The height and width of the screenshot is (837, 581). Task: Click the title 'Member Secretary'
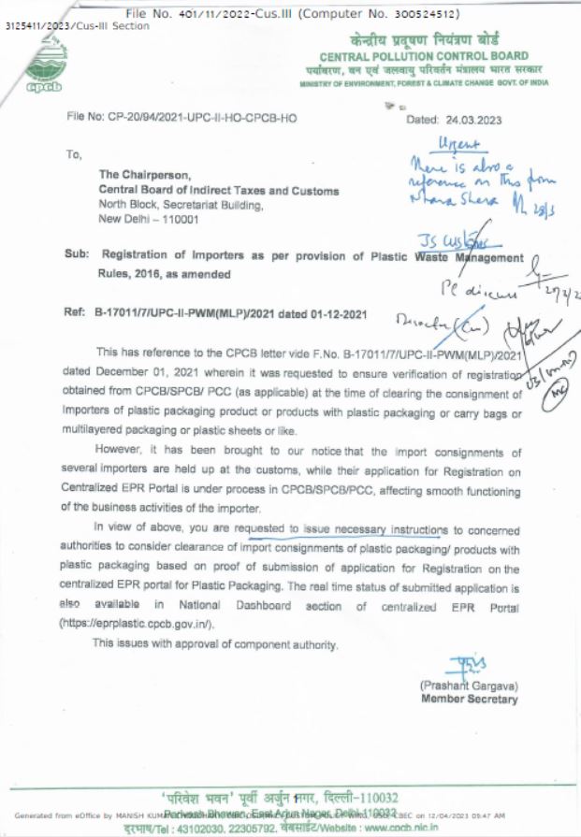tap(469, 699)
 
